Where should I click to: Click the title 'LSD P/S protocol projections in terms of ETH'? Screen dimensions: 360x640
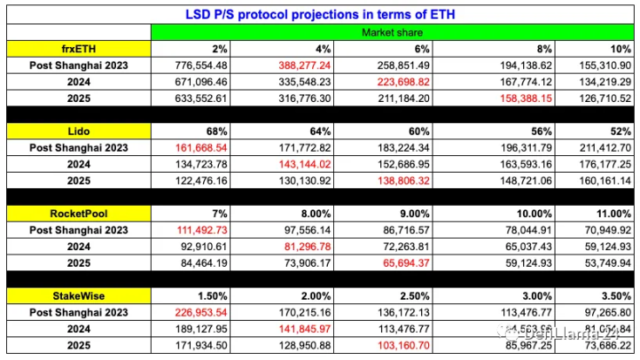(x=319, y=15)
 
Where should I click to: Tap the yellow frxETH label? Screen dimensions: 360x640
(x=78, y=49)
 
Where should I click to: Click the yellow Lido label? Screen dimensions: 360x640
(x=78, y=131)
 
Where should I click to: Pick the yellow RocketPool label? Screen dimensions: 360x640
(x=78, y=213)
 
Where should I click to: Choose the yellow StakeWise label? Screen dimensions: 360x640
(x=78, y=295)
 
